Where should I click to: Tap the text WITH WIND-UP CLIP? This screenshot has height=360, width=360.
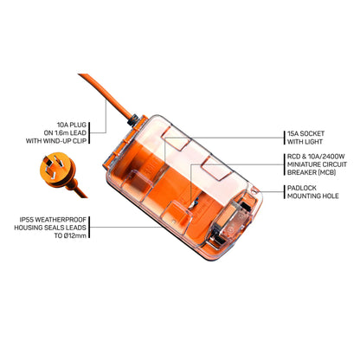[74, 140]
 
